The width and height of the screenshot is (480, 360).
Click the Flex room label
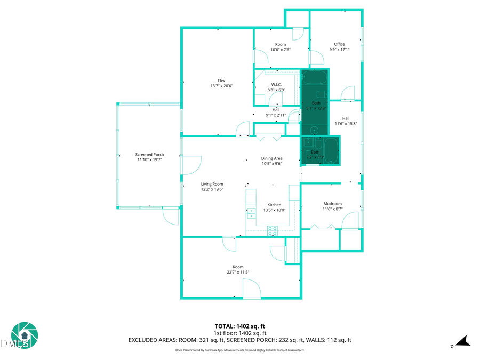point(221,81)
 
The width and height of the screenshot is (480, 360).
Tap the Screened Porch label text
point(149,155)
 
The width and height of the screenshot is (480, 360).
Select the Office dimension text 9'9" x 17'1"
point(339,50)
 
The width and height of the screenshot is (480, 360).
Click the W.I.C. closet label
point(276,84)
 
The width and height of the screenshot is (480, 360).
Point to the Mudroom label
point(332,204)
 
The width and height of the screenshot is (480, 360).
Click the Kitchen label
point(274,205)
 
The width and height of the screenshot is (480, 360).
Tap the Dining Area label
point(271,158)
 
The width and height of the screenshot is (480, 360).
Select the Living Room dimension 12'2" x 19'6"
point(212,189)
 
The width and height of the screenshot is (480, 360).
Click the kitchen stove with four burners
point(273,231)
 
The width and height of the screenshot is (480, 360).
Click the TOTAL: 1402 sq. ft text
point(239,326)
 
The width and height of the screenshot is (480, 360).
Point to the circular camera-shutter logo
point(25,335)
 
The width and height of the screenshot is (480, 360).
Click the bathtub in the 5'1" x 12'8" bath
point(315,78)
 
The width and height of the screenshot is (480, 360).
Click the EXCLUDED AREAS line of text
point(239,340)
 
